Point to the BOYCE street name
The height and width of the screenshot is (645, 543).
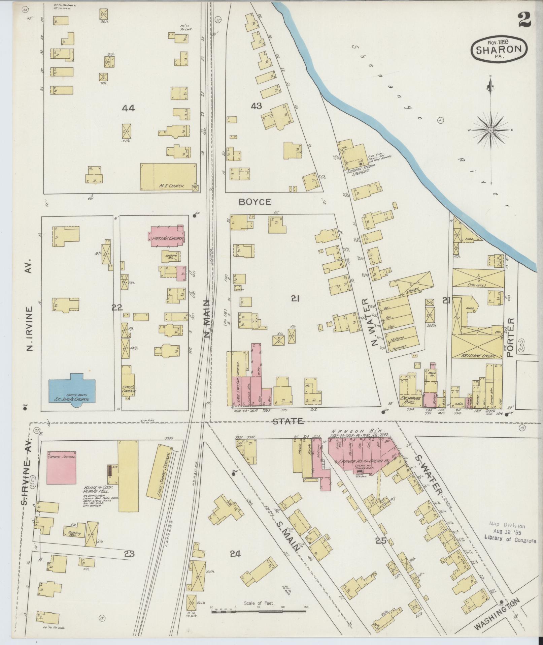[255, 202]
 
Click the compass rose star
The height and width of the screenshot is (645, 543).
[490, 130]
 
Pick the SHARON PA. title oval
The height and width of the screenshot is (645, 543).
[499, 49]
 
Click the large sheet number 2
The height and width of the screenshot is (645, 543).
[525, 20]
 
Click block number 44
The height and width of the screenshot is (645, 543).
[129, 108]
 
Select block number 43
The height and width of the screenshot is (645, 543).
[256, 106]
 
